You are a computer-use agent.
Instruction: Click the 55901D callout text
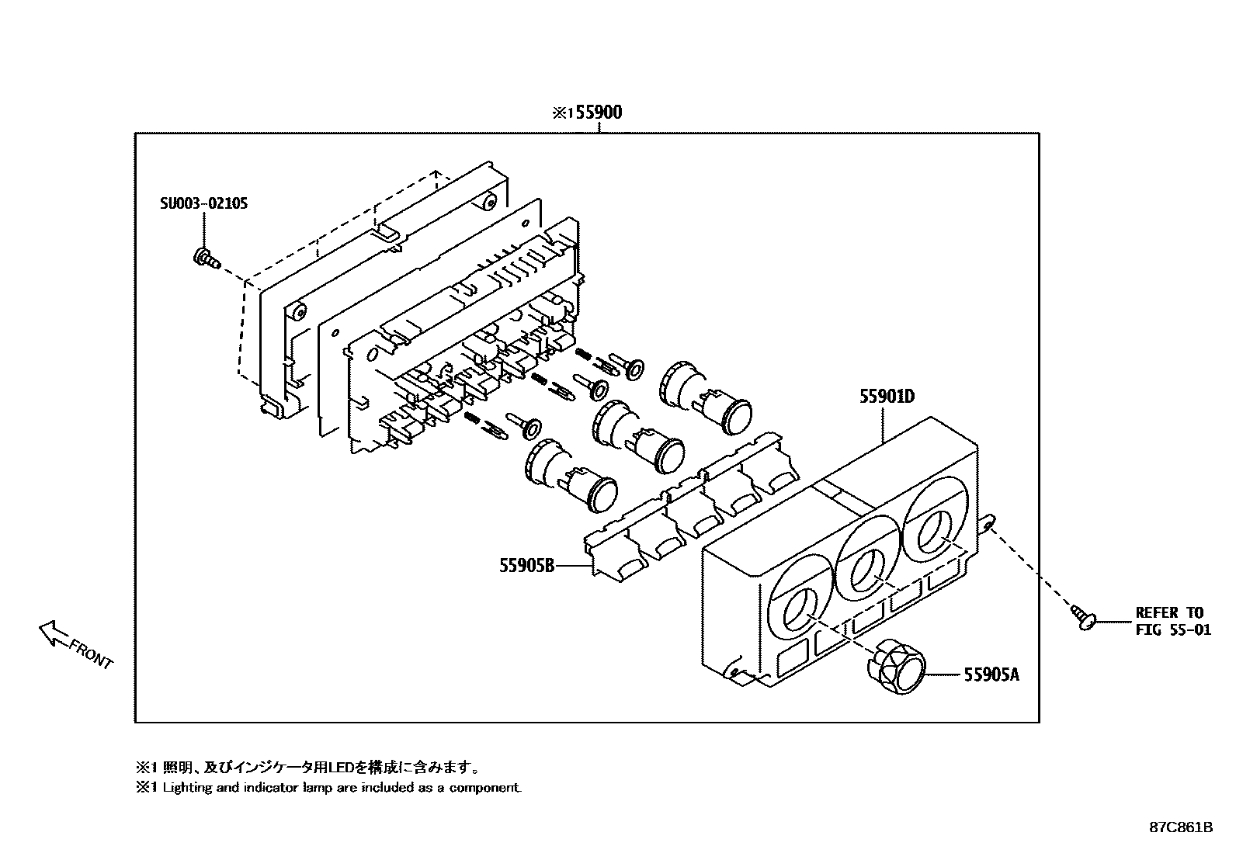(x=887, y=397)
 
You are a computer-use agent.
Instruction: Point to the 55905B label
(x=526, y=566)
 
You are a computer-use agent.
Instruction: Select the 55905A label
(x=991, y=675)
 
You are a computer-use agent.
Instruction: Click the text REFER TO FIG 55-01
(x=1172, y=621)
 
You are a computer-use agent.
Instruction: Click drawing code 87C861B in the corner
(x=1181, y=827)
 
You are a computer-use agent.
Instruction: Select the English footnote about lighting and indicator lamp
(x=329, y=788)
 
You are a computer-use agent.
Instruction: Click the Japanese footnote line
(x=307, y=768)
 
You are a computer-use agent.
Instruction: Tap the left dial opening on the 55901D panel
(x=799, y=608)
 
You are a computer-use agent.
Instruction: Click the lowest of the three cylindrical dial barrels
(x=571, y=474)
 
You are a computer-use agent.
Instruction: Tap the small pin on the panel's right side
(x=988, y=524)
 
